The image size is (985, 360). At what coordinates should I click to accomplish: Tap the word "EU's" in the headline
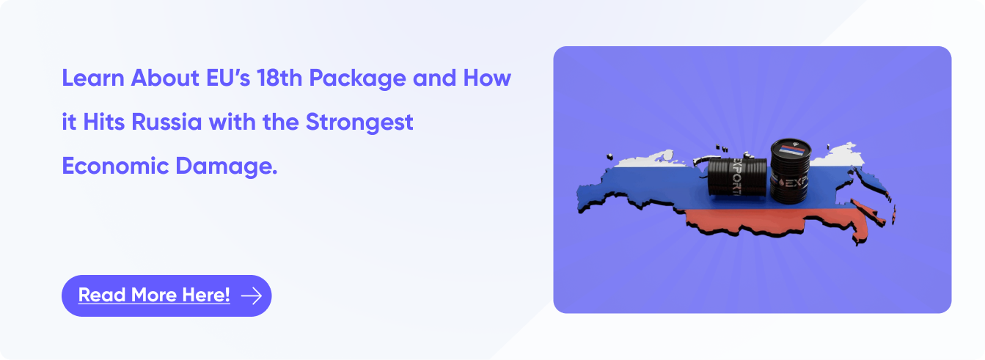pos(228,78)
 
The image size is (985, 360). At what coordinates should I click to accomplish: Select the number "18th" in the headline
pos(279,78)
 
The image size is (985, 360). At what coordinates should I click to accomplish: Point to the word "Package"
pos(357,79)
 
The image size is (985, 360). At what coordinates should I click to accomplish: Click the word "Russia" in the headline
pos(166,122)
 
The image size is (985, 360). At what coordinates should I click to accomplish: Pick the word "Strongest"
pos(359,123)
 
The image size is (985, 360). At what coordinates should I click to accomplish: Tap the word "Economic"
pos(115,166)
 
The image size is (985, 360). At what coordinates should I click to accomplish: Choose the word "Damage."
pos(227,167)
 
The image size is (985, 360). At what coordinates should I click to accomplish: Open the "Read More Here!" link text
pos(154,295)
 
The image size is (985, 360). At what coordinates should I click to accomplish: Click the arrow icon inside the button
pos(252,295)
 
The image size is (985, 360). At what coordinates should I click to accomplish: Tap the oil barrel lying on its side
pos(737,177)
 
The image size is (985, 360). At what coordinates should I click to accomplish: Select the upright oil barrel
pos(790,172)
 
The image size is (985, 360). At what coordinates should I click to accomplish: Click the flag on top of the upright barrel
pos(792,150)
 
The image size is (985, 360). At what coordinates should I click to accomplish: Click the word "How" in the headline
pos(487,78)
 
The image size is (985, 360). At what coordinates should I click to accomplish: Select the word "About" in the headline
pos(165,78)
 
